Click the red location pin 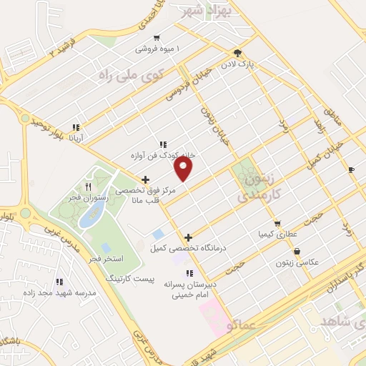(x=184, y=168)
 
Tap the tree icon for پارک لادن (x=237, y=53)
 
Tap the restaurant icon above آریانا (x=75, y=127)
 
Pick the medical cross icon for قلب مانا (x=146, y=179)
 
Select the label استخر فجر (x=107, y=257)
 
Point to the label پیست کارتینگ (x=129, y=277)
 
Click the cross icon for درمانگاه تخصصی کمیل (x=189, y=237)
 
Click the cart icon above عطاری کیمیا (x=277, y=223)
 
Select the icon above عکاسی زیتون (x=297, y=251)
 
